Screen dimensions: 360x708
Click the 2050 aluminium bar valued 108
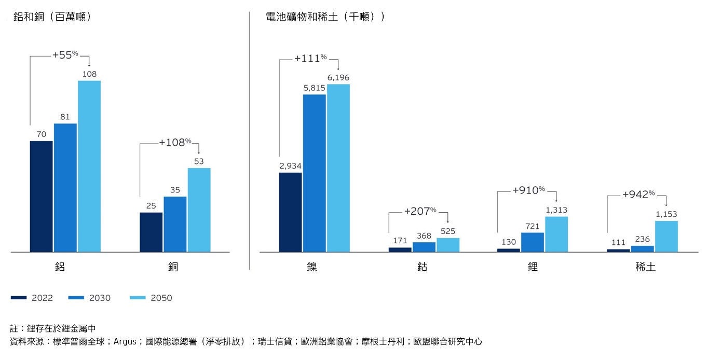tap(89, 166)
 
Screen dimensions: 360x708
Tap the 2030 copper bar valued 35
tap(175, 224)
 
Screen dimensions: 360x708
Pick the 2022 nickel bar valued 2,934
tap(290, 212)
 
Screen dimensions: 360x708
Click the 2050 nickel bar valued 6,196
tap(338, 168)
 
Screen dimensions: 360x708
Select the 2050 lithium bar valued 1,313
tap(556, 234)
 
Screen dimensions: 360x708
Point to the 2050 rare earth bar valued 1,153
tap(666, 236)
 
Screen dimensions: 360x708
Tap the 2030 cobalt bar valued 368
tap(424, 247)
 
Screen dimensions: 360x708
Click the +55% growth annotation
tap(65, 54)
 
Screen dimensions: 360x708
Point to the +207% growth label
tap(420, 211)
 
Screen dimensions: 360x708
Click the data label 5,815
tap(314, 89)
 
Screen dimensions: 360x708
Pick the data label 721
tap(532, 227)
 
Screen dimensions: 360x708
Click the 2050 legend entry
tap(151, 298)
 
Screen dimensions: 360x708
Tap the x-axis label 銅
tap(173, 267)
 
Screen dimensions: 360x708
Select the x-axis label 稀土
tap(644, 267)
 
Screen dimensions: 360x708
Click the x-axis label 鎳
tap(312, 267)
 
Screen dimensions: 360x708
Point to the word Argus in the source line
tap(125, 341)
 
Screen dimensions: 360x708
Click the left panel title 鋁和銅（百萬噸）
tap(52, 17)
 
